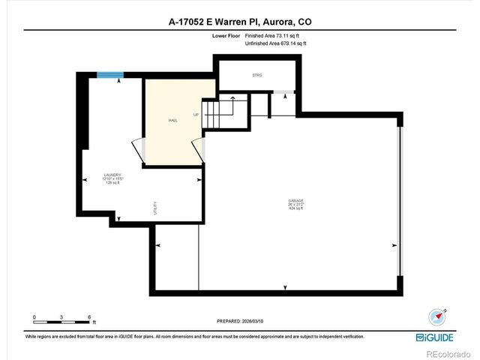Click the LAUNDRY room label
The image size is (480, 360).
tap(112, 175)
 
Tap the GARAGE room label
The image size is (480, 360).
tap(296, 200)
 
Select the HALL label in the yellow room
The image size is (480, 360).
tap(172, 120)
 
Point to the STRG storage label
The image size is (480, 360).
tap(256, 75)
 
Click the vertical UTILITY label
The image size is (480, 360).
tap(155, 208)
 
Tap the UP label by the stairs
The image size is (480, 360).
tap(196, 115)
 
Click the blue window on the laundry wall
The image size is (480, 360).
tap(109, 74)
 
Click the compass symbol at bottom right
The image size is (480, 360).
tap(436, 317)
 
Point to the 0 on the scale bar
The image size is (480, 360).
tap(34, 316)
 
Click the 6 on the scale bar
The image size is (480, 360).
tap(88, 316)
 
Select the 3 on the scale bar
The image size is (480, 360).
tap(61, 316)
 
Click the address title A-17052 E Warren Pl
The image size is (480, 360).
tap(239, 22)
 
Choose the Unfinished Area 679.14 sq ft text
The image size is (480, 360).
tap(276, 43)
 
